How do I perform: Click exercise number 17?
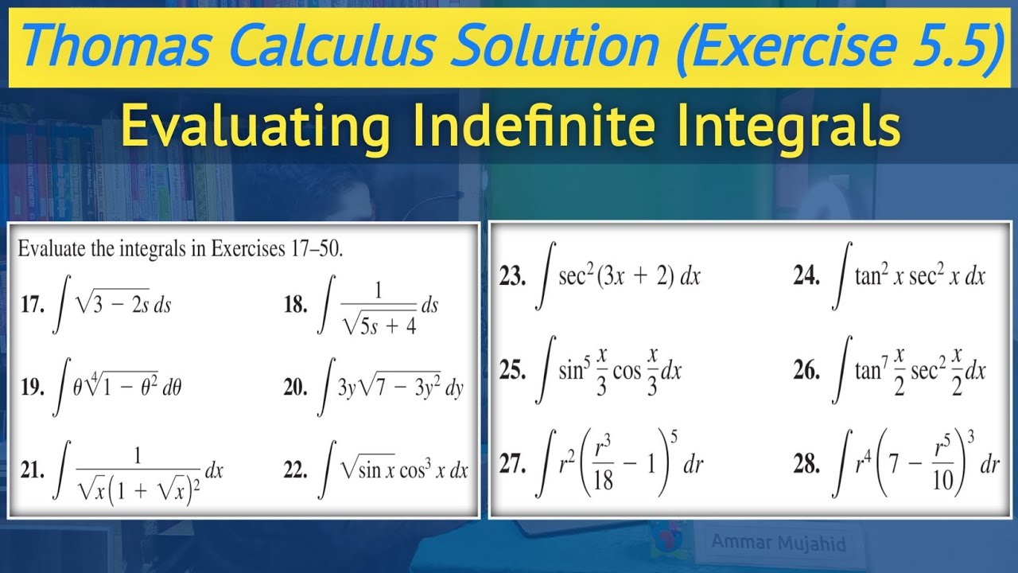point(33,306)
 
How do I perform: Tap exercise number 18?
point(295,306)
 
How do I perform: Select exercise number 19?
point(33,388)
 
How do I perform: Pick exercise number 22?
point(295,470)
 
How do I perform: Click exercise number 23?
point(513,277)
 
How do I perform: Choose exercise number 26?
point(807,371)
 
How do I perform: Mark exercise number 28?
point(807,465)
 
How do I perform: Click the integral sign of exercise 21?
point(58,471)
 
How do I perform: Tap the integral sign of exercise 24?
point(839,277)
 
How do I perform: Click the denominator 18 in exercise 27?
point(604,481)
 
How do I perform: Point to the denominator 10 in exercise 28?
point(942,482)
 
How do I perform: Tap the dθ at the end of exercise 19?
point(177,388)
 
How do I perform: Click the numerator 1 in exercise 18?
point(379,290)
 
